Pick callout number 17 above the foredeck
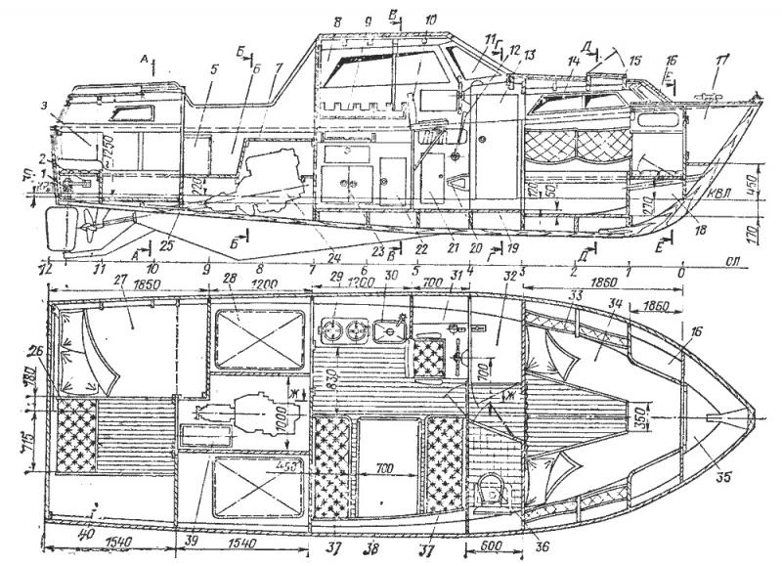tap(722, 66)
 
